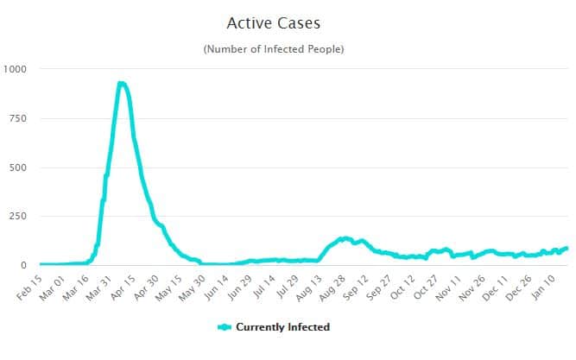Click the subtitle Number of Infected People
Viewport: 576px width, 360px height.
click(273, 49)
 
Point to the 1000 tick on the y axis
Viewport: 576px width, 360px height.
click(16, 69)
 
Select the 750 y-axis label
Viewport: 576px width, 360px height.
click(18, 118)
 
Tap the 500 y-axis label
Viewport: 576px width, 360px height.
click(18, 167)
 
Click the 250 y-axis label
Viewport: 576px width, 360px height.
click(18, 216)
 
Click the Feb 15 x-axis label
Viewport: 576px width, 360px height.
click(28, 286)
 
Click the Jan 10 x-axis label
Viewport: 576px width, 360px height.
click(557, 286)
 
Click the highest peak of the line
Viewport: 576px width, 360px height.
click(122, 84)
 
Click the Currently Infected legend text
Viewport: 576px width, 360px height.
click(282, 327)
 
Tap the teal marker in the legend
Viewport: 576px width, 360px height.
click(224, 327)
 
